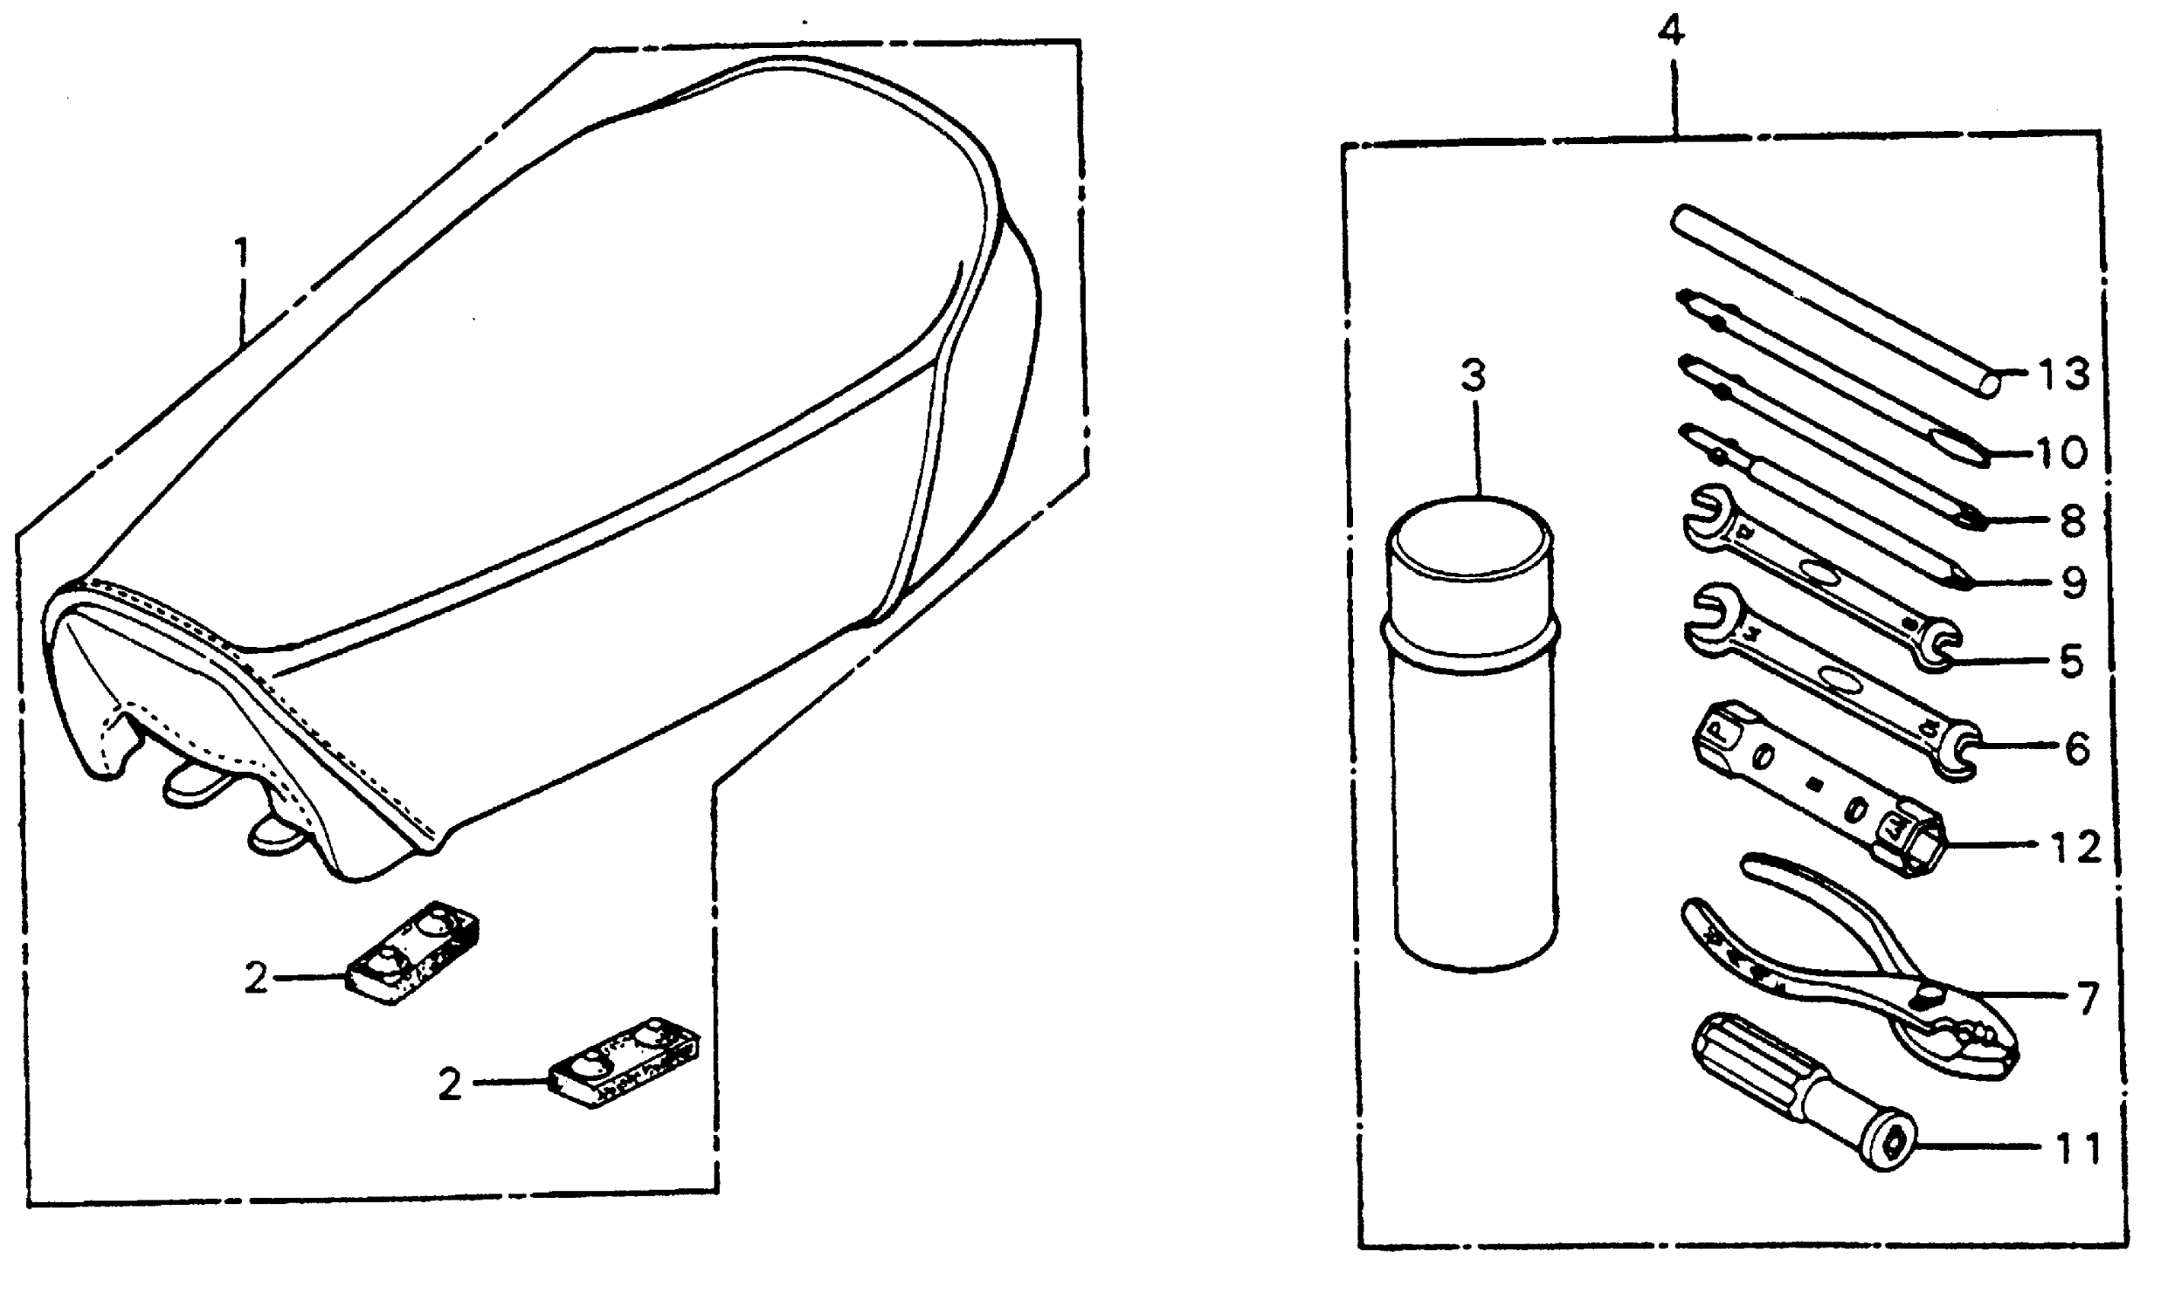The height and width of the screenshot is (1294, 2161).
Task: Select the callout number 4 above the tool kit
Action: (1670, 32)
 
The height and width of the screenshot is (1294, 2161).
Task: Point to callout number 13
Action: (2064, 375)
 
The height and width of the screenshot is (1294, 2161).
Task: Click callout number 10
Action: (2061, 453)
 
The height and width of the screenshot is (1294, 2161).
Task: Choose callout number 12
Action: (2077, 846)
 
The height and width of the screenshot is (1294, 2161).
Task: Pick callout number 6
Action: (2077, 749)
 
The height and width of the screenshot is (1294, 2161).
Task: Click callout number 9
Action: (2073, 583)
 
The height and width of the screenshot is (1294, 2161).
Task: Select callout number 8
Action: (2072, 521)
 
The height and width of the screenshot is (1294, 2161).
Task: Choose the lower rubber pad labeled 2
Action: (624, 1061)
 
